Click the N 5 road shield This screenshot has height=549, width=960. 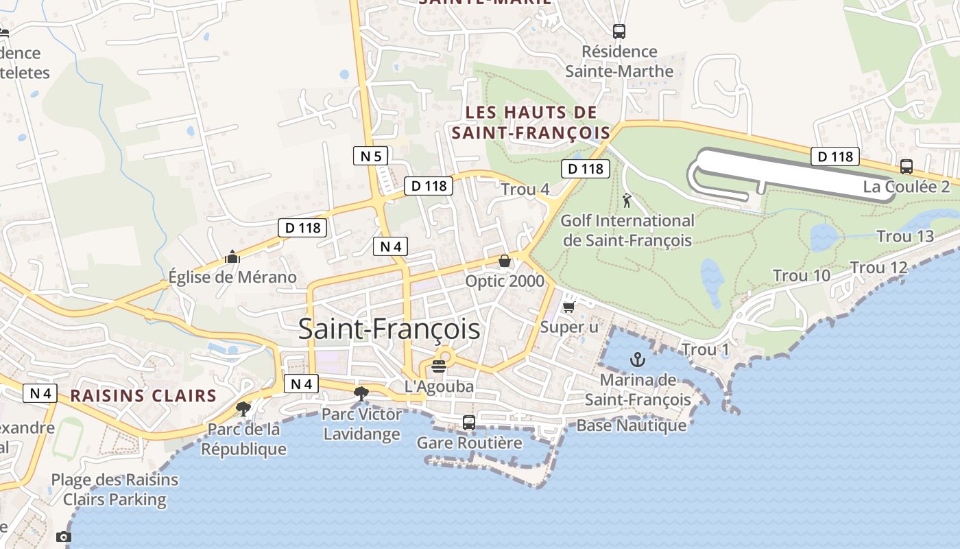[370, 156]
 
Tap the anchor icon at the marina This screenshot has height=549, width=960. [638, 360]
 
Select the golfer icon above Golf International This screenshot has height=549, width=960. [626, 201]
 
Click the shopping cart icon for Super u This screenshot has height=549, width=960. [568, 307]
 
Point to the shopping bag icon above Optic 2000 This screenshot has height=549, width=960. [505, 261]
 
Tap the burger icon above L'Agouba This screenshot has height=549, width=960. [439, 366]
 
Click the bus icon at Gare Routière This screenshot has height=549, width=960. [469, 422]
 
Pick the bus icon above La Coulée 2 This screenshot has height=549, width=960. [906, 166]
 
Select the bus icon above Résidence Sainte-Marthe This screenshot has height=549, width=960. [619, 31]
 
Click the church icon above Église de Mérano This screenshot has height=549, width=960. [232, 257]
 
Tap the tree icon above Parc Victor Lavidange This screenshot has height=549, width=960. [361, 393]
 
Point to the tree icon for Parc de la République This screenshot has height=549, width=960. [243, 409]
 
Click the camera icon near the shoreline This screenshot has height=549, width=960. [64, 537]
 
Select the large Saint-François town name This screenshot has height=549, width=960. [389, 329]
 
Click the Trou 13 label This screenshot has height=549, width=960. [905, 237]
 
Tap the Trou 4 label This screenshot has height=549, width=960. [525, 189]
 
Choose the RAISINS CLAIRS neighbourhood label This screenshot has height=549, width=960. [143, 396]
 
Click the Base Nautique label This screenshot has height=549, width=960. [631, 425]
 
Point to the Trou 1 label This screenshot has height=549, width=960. [706, 350]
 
